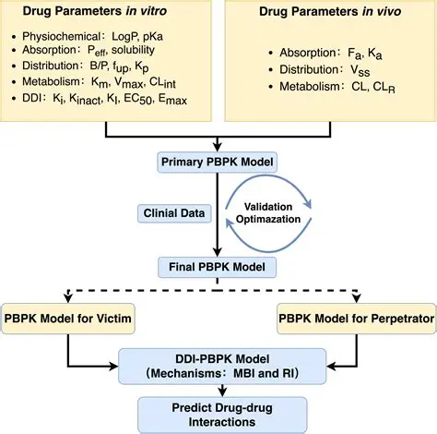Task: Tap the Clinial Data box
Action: (173, 214)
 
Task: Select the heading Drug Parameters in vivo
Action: (329, 16)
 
